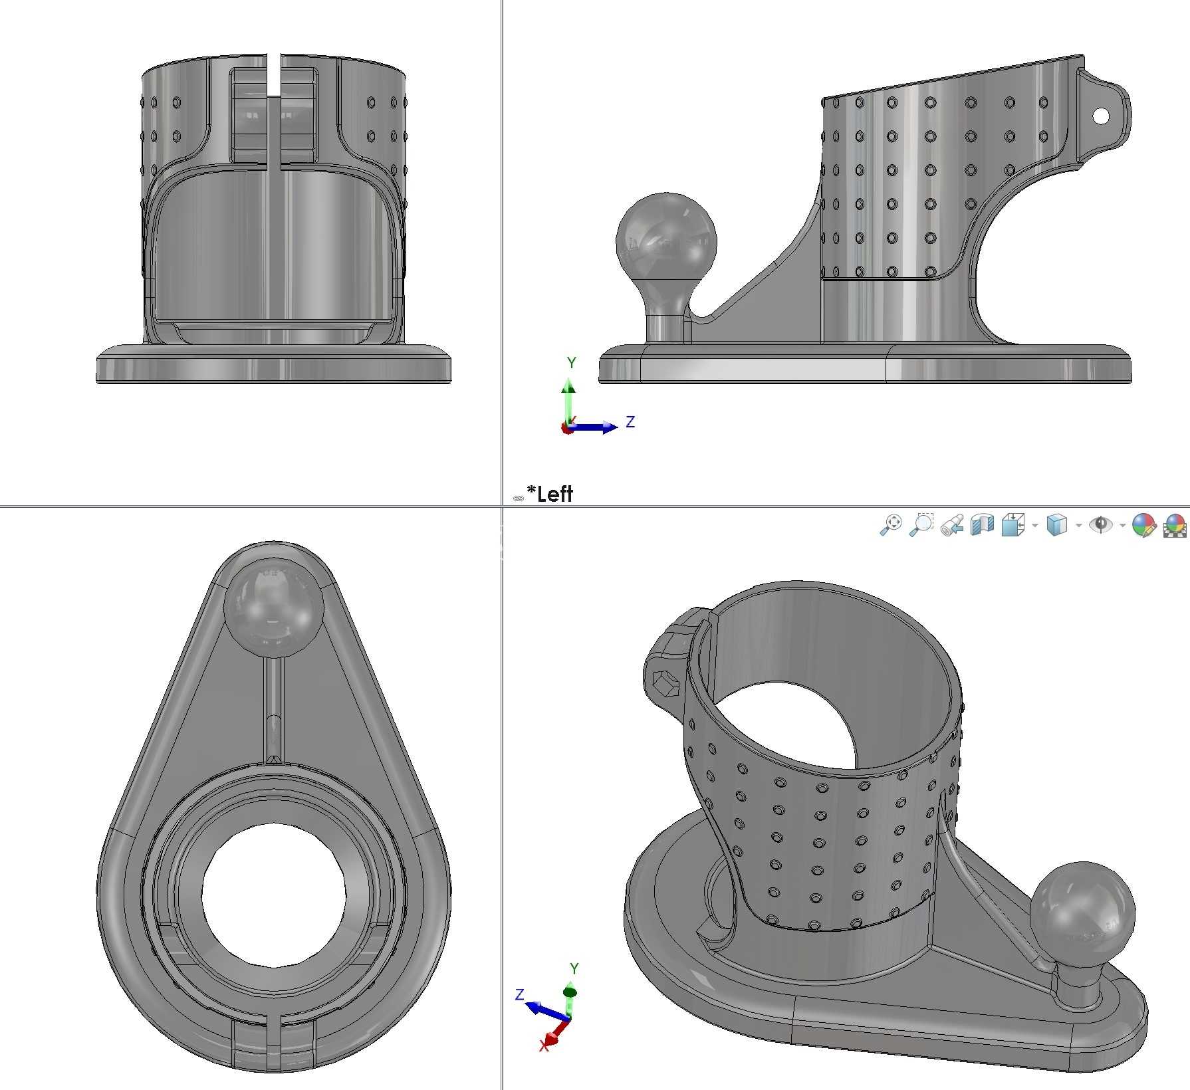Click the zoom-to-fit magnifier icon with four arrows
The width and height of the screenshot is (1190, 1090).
(891, 524)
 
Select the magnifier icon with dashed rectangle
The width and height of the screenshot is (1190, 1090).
(921, 524)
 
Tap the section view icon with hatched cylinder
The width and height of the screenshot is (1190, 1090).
(982, 524)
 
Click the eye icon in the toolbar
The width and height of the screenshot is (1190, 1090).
(1101, 524)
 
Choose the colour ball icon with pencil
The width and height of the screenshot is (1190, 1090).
(1143, 524)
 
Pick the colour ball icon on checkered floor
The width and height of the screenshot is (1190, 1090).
(1175, 524)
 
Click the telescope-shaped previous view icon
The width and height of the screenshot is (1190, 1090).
(952, 524)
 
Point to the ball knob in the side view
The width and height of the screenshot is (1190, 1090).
(666, 240)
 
